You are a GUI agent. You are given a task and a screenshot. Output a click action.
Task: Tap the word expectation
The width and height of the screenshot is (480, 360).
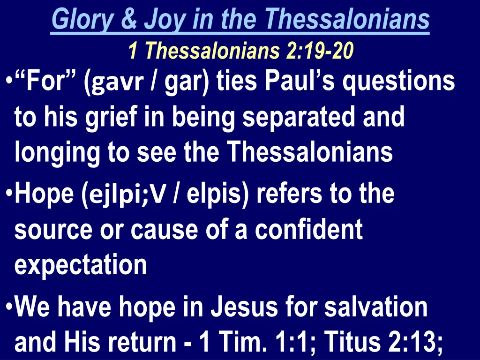(81, 266)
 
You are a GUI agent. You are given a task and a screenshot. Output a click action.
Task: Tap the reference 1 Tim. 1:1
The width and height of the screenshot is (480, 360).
(252, 343)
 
